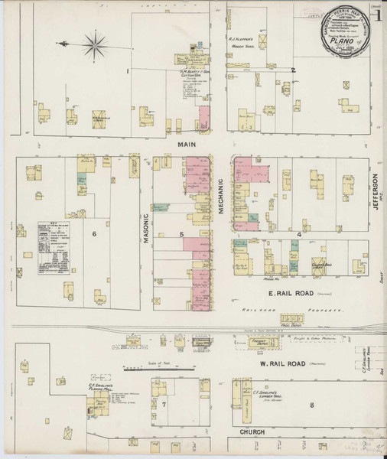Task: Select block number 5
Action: (x=181, y=234)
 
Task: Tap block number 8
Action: (x=311, y=403)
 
